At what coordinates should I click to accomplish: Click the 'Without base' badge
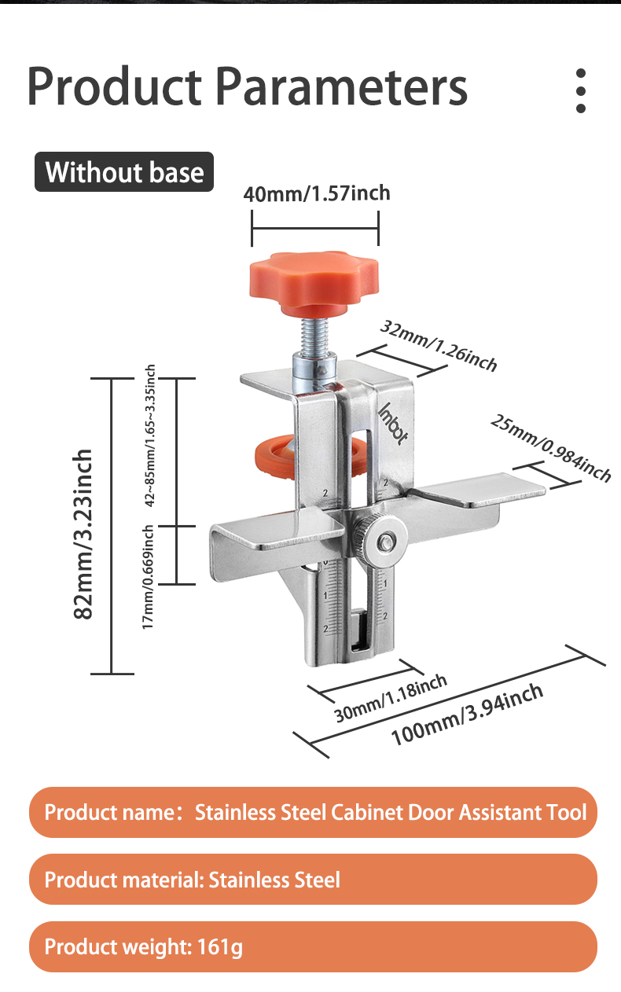[x=124, y=172]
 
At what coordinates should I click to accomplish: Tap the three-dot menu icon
[x=581, y=90]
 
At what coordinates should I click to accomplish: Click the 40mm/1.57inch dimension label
[x=317, y=193]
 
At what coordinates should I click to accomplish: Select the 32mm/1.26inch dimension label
[x=439, y=346]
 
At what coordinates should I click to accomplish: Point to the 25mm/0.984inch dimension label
[x=551, y=448]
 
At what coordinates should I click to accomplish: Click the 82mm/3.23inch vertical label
[x=83, y=534]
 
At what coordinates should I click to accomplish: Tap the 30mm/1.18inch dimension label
[x=390, y=698]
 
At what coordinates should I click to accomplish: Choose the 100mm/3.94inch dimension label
[x=467, y=715]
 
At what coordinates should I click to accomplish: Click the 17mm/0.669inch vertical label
[x=148, y=577]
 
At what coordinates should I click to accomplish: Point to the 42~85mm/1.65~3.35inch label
[x=150, y=435]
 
